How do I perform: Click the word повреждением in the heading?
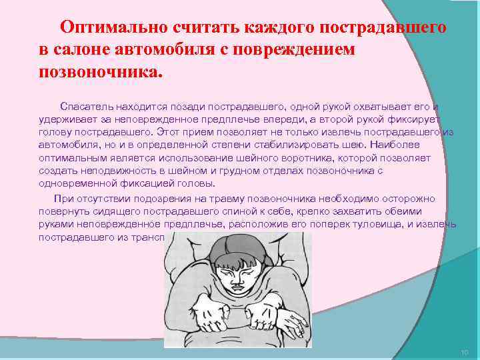[299, 50]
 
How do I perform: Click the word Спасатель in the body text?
[86, 106]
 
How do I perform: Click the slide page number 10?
[465, 351]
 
